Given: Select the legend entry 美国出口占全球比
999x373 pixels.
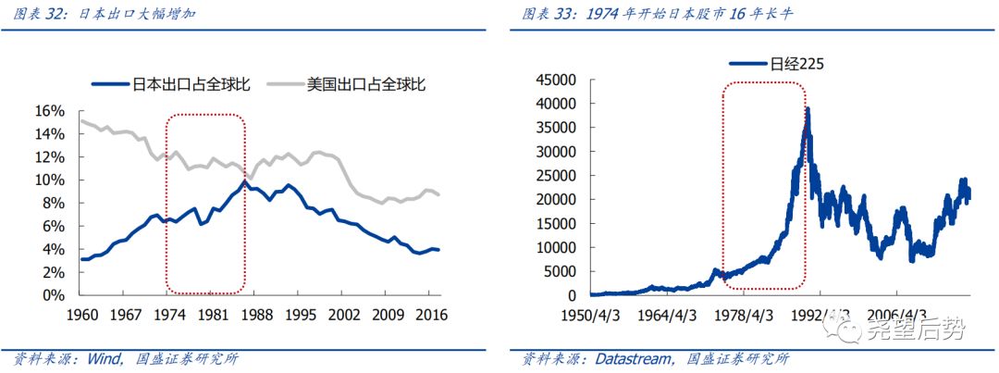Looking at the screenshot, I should (x=368, y=84).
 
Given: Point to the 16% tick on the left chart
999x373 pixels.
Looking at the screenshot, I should (x=51, y=111).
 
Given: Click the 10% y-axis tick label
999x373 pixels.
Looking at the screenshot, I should (x=51, y=180).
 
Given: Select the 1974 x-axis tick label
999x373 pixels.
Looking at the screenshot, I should (x=166, y=314).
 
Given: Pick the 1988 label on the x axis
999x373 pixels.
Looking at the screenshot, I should (x=253, y=314).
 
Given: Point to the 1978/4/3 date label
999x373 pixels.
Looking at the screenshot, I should (x=749, y=314).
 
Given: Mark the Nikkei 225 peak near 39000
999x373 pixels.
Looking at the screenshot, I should (x=808, y=108).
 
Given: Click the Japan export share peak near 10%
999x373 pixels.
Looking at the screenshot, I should (x=243, y=180).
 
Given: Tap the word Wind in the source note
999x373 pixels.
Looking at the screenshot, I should (x=103, y=359).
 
